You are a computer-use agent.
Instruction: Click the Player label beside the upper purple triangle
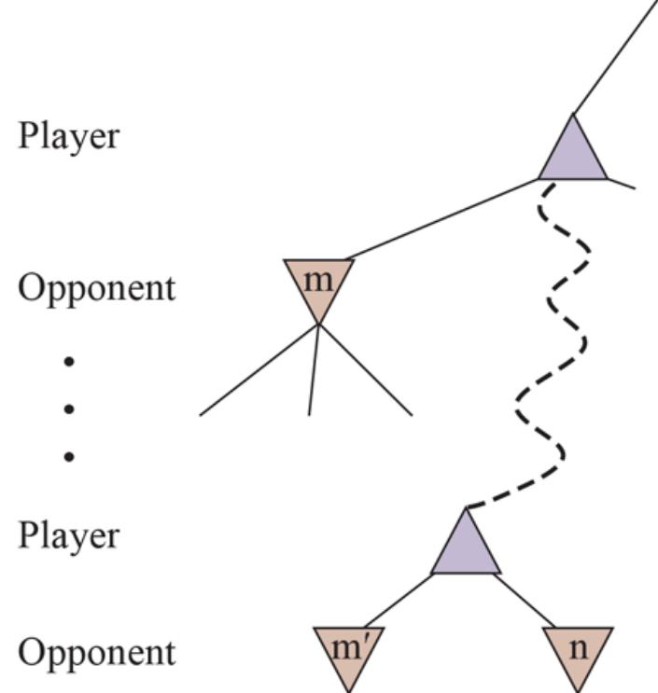(x=69, y=136)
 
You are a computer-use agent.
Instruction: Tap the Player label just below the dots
(x=69, y=536)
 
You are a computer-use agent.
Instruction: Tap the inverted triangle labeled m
(x=319, y=283)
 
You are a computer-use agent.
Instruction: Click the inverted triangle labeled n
(x=579, y=649)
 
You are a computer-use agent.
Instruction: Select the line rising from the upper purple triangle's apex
(x=616, y=56)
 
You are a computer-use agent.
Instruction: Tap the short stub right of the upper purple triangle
(x=622, y=183)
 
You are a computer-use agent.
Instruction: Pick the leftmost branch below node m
(x=259, y=369)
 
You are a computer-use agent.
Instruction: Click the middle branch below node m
(x=314, y=369)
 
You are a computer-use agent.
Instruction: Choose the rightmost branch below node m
(x=366, y=369)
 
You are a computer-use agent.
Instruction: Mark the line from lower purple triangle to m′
(x=396, y=601)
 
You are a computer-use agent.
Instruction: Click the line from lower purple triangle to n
(x=528, y=601)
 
